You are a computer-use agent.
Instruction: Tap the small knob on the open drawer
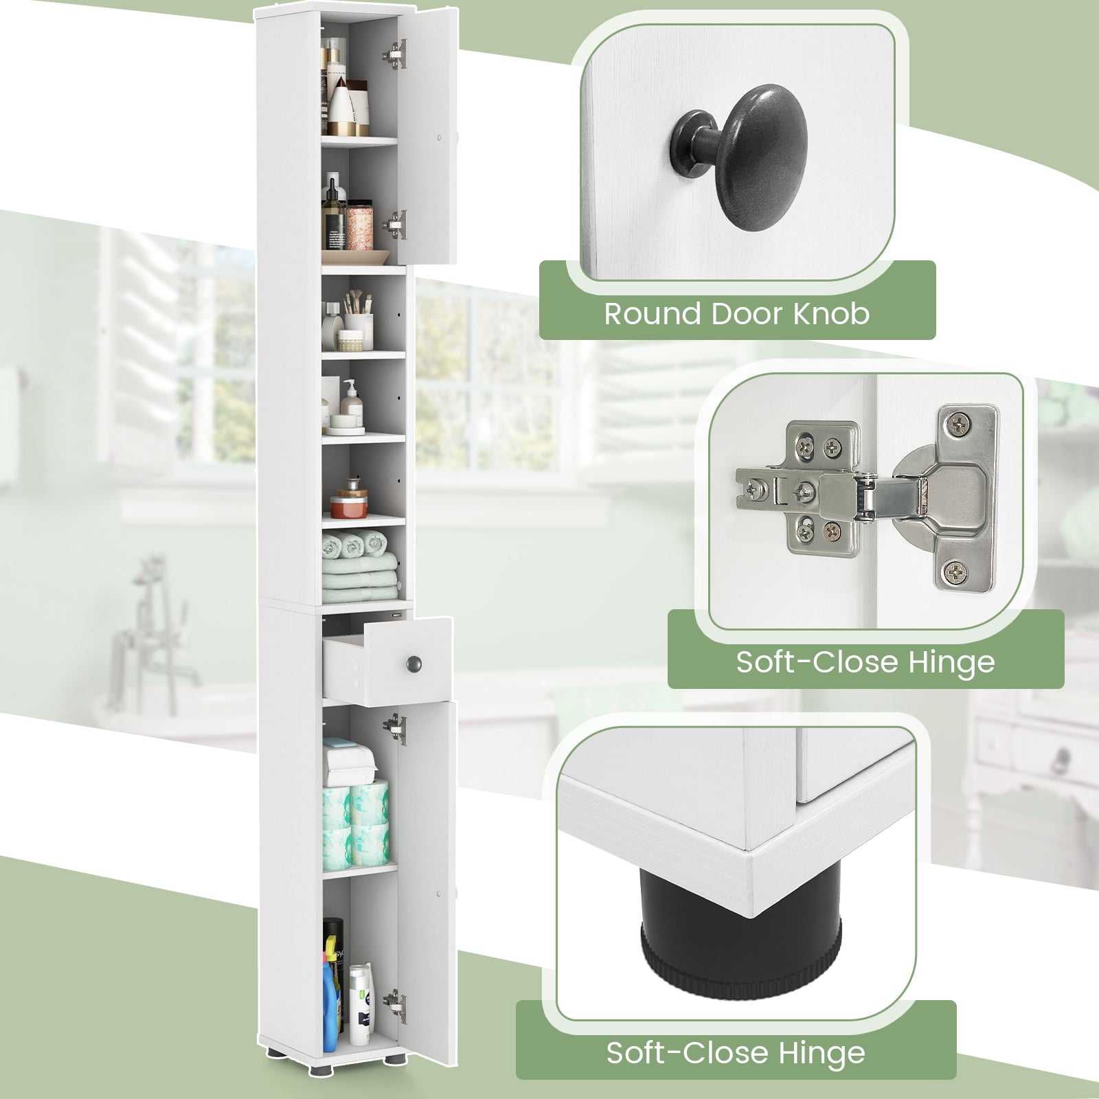pyautogui.click(x=413, y=664)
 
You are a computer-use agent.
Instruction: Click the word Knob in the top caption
pyautogui.click(x=832, y=314)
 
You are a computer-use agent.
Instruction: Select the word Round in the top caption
pyautogui.click(x=653, y=314)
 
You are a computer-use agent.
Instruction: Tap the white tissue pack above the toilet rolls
pyautogui.click(x=349, y=762)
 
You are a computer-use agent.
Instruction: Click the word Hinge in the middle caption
pyautogui.click(x=951, y=662)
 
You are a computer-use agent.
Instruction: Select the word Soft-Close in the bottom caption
pyautogui.click(x=687, y=1053)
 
